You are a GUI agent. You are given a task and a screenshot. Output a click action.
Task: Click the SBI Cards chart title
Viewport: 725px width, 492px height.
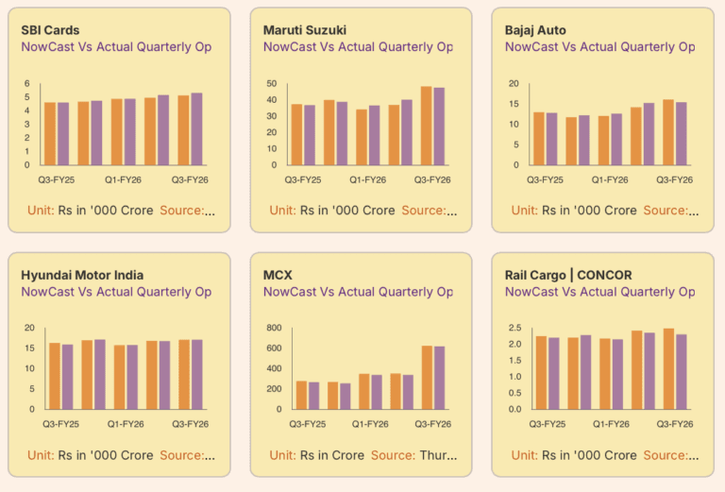(x=50, y=30)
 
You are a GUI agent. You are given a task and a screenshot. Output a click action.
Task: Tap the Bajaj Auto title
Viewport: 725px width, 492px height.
(x=535, y=30)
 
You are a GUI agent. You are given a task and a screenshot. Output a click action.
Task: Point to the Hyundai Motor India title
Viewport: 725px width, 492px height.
(x=82, y=275)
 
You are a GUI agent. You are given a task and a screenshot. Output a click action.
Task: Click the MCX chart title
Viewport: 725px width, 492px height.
(x=278, y=275)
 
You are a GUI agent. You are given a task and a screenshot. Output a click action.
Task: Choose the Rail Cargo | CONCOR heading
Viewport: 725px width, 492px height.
(x=568, y=275)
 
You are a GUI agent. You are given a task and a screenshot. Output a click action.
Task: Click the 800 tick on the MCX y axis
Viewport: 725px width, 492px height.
(x=274, y=329)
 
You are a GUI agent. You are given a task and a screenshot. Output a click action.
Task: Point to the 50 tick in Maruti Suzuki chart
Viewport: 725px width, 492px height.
(x=271, y=84)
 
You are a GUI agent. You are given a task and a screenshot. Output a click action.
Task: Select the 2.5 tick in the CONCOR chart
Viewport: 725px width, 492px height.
(x=514, y=329)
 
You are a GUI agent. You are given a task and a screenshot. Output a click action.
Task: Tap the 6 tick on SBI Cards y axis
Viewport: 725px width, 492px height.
(x=27, y=84)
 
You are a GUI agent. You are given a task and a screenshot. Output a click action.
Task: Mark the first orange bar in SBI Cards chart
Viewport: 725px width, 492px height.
(x=50, y=133)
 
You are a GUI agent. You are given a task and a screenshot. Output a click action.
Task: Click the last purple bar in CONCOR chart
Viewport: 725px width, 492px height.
(x=682, y=371)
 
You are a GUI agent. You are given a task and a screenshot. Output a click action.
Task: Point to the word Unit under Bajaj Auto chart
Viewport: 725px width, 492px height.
(x=524, y=211)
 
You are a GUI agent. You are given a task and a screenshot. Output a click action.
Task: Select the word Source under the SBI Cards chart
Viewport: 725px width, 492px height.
(x=182, y=211)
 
